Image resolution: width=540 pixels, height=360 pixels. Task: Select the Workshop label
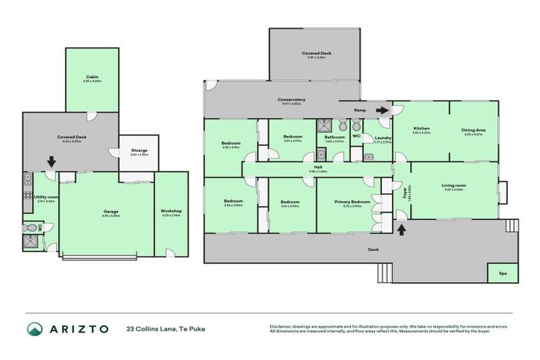172,211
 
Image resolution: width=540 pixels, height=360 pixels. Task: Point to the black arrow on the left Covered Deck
51,162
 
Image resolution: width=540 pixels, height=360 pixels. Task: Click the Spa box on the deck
502,273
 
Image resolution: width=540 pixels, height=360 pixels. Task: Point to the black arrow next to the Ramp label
381,110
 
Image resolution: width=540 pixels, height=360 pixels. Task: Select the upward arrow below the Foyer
401,229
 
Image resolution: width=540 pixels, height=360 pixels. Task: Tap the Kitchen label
421,129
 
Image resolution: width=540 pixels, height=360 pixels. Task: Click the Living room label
454,186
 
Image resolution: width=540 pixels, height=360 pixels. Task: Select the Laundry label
382,138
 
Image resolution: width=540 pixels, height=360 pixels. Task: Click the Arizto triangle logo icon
34,328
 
